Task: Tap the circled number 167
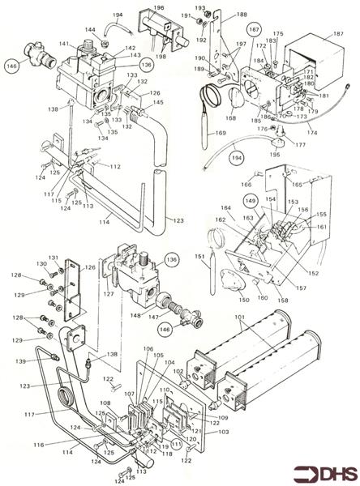pyautogui.click(x=254, y=31)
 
